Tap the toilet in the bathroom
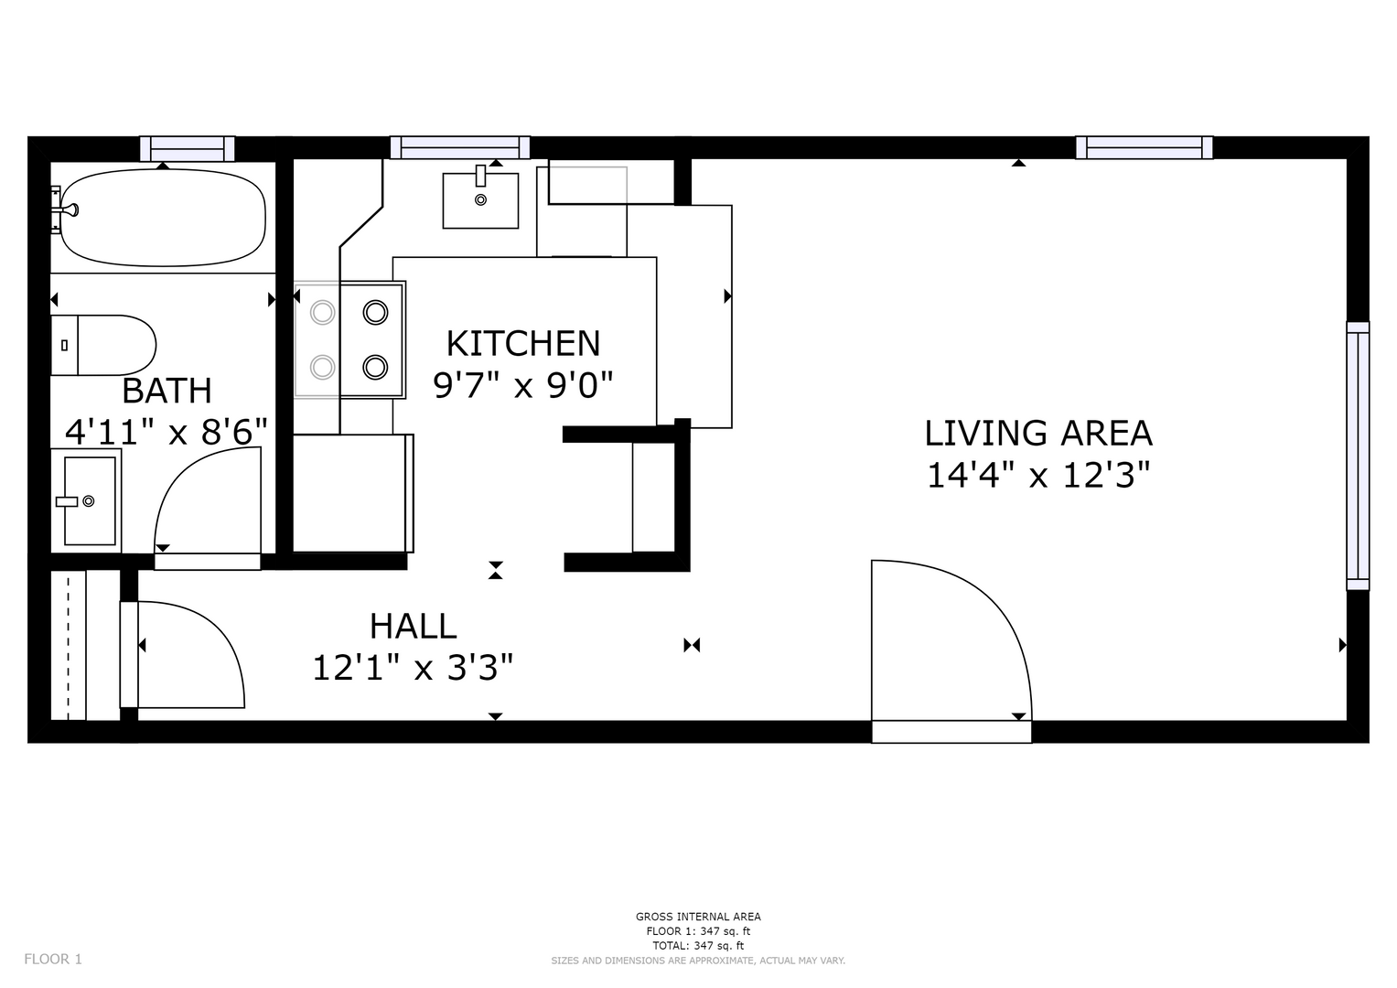coord(102,345)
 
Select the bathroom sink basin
coord(90,501)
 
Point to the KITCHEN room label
coord(523,344)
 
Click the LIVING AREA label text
coord(1038,434)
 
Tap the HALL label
coord(413,627)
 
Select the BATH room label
coord(167,392)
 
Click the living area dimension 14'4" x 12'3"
coord(1038,476)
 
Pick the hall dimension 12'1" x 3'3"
coord(413,668)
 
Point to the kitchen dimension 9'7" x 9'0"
coord(523,385)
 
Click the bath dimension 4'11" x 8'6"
coord(167,432)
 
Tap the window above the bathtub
coord(188,148)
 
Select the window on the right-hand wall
coord(1358,456)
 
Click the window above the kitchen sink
coord(460,148)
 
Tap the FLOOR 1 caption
coord(53,960)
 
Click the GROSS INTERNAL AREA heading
coord(699,917)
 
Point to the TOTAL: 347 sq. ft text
coord(699,946)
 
